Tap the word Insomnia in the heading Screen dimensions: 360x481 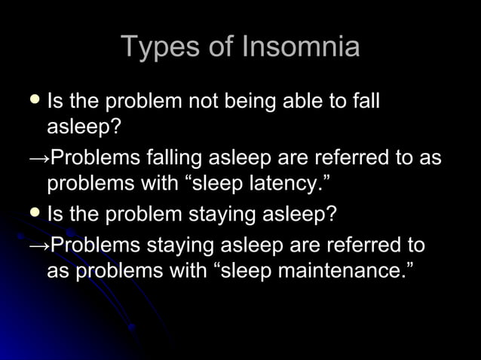click(301, 47)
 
